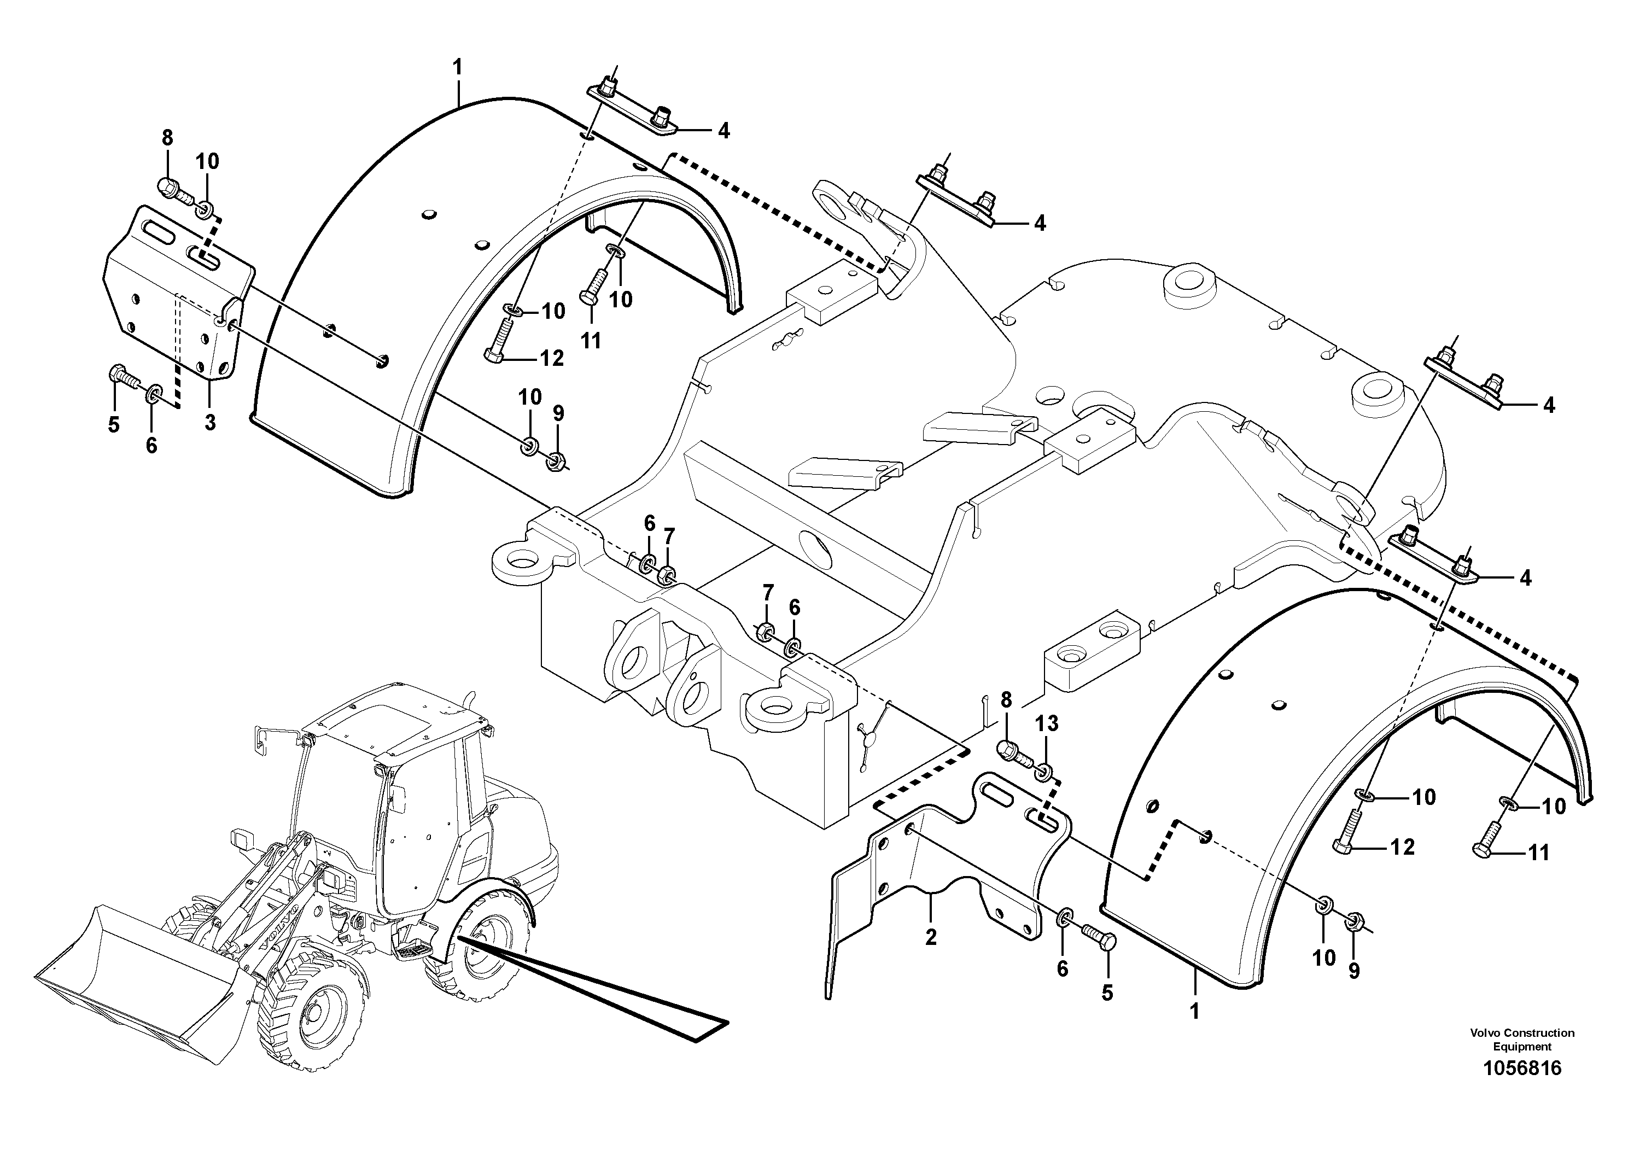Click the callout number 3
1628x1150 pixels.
210,423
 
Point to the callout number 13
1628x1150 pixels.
1047,724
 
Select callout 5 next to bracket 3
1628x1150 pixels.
113,425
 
